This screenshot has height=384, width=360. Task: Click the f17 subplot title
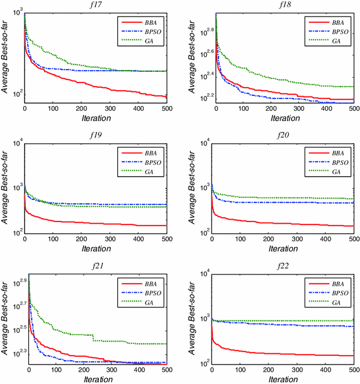[x=95, y=6]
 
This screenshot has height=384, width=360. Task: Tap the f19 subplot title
[x=95, y=135]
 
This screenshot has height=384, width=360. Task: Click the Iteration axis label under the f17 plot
[x=95, y=118]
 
